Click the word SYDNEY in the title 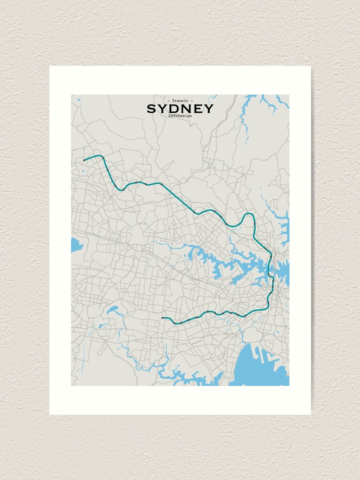click(x=180, y=109)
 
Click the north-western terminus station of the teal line click(x=84, y=160)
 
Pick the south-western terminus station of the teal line click(x=163, y=318)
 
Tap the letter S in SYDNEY click(x=151, y=109)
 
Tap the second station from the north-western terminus click(x=103, y=157)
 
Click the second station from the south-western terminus click(x=174, y=323)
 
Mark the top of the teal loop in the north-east click(x=248, y=214)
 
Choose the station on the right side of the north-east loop click(x=254, y=224)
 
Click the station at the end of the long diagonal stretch click(x=194, y=212)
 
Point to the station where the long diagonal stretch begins click(x=162, y=184)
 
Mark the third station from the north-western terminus click(x=108, y=170)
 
